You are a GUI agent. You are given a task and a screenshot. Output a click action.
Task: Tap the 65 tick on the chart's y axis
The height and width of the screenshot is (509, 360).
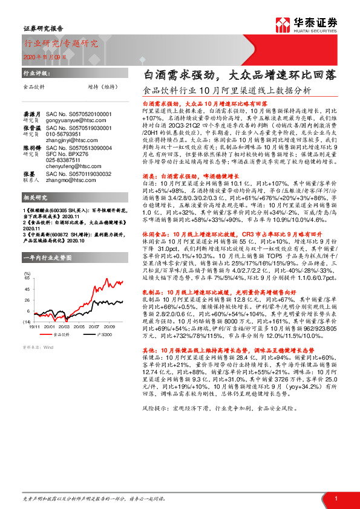pos(27,280)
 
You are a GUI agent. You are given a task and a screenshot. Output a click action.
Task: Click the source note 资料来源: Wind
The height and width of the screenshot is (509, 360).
pos(38,347)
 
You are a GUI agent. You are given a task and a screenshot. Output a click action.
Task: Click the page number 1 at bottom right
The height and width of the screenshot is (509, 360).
pos(335,497)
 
